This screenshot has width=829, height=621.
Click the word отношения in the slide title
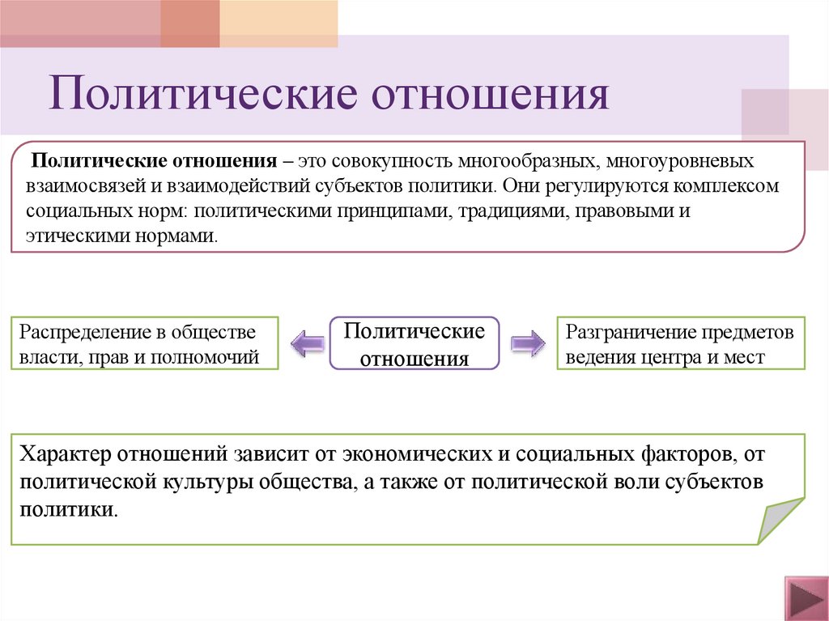point(489,94)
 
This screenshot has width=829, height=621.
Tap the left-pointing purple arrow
point(306,343)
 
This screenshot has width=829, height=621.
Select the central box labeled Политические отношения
point(415,344)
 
